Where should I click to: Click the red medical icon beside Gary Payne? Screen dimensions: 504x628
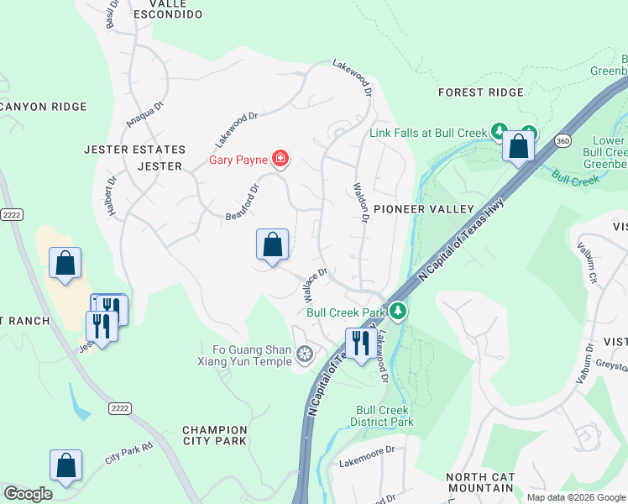280,159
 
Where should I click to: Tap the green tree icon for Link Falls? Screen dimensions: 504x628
500,131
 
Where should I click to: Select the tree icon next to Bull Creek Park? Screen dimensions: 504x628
398,312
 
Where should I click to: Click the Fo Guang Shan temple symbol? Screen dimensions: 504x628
304,354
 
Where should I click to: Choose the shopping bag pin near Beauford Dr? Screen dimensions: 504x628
272,246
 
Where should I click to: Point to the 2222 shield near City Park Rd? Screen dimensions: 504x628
118,407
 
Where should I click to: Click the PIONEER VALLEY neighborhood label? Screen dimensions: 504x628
424,208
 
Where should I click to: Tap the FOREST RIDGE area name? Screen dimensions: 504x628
481,92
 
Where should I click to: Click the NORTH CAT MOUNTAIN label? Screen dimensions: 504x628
480,482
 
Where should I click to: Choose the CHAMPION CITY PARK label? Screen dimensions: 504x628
215,435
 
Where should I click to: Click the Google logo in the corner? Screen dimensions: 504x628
28,494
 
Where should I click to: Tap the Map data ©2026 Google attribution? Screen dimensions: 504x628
575,497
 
